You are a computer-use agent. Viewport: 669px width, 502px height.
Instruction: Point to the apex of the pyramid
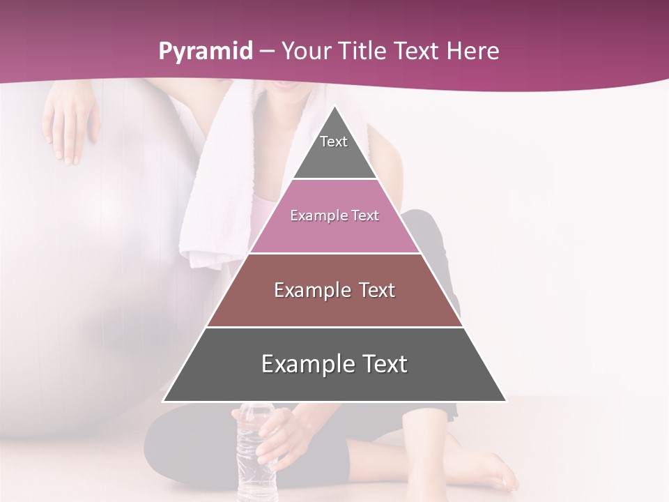[334, 107]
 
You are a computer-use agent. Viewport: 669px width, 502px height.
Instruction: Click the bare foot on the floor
[488, 471]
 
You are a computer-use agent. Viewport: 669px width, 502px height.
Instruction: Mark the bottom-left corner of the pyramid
[164, 401]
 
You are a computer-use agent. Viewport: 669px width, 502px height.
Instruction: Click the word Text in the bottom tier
[383, 365]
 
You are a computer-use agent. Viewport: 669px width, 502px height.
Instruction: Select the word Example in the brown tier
[313, 290]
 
